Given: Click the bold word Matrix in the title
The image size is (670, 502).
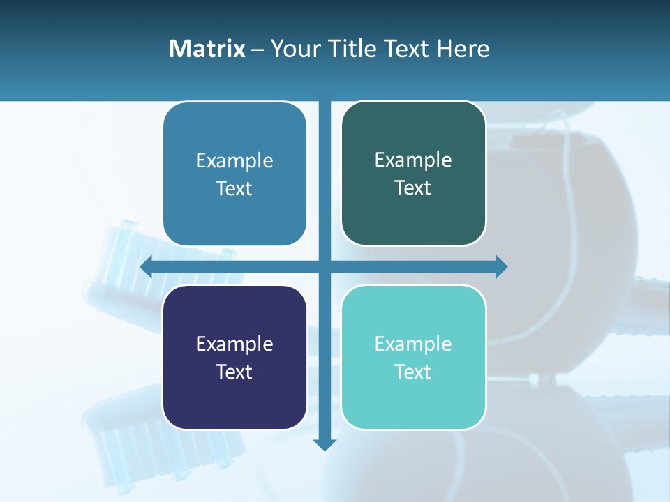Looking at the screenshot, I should [207, 49].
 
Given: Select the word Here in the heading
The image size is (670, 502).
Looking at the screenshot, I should [463, 49].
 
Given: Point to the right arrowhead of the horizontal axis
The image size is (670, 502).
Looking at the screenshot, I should [501, 266].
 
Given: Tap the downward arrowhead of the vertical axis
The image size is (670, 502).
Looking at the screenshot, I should [325, 444].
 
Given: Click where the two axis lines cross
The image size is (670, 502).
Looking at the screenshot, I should [325, 266].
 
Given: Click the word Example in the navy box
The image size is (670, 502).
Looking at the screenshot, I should [234, 344].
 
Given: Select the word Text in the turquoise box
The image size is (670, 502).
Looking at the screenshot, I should [413, 372].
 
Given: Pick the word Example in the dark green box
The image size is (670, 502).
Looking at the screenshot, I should [413, 160].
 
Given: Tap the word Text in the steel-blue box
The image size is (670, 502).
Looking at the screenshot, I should [234, 188].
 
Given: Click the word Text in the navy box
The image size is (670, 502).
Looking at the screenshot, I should [234, 372].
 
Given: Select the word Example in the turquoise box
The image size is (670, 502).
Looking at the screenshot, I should [413, 344].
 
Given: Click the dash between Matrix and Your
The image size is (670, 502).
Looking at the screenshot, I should [258, 50].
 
